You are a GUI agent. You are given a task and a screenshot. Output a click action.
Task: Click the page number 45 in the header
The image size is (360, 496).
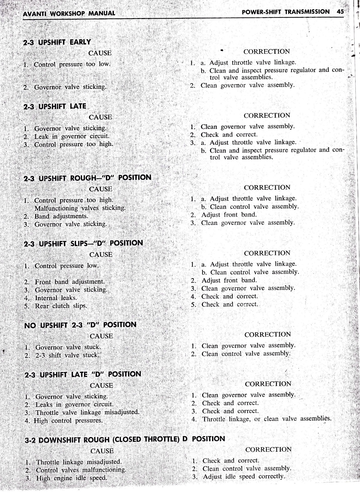click(x=340, y=12)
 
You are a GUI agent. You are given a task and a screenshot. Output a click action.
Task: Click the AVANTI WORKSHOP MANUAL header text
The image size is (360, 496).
click(x=69, y=13)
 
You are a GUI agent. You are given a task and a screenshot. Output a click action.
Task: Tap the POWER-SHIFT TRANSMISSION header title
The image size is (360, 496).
click(x=285, y=12)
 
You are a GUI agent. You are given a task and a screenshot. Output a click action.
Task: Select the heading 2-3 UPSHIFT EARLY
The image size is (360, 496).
click(x=57, y=42)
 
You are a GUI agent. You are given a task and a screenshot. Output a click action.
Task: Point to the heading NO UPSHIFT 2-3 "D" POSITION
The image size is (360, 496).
click(x=80, y=325)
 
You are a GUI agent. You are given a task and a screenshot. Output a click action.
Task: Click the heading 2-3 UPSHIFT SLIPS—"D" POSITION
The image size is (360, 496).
click(x=84, y=244)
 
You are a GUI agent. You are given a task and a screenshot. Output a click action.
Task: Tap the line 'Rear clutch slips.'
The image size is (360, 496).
click(x=61, y=306)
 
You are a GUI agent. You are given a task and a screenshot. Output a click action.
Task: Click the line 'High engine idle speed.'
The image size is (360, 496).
click(x=72, y=478)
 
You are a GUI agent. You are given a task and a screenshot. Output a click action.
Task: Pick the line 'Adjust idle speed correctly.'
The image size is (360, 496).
click(x=244, y=477)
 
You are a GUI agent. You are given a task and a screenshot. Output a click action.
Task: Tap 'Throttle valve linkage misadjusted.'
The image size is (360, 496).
click(x=87, y=413)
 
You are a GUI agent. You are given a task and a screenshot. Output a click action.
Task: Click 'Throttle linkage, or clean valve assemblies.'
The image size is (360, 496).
click(x=267, y=419)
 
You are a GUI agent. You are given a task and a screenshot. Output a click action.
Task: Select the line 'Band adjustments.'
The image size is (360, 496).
click(x=61, y=216)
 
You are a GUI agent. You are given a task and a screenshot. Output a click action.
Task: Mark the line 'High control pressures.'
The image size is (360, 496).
click(x=68, y=421)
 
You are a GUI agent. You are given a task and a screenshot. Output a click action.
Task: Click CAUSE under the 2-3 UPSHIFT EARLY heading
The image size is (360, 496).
click(x=100, y=53)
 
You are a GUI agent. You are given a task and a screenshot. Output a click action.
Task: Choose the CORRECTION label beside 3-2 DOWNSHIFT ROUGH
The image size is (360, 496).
click(x=268, y=449)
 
